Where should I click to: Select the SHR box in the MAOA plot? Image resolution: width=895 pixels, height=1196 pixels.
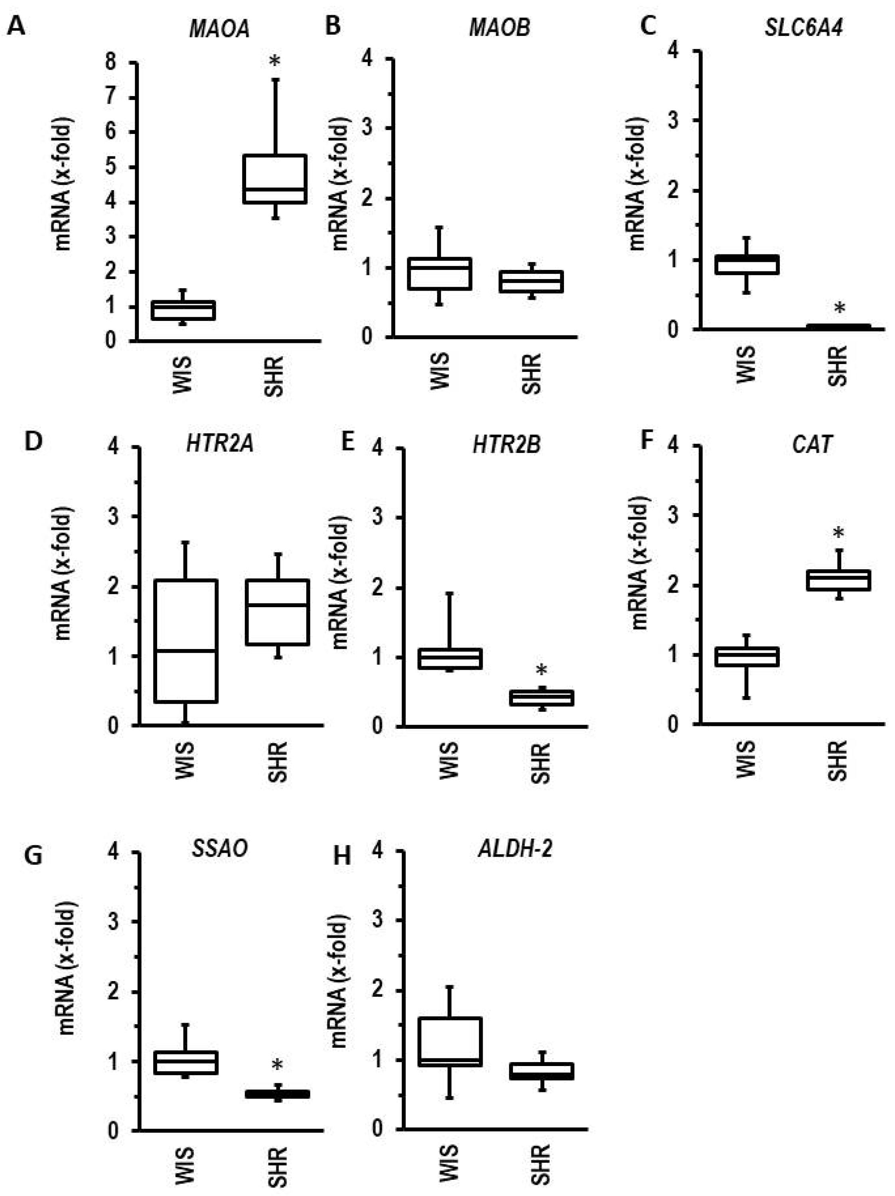(x=275, y=179)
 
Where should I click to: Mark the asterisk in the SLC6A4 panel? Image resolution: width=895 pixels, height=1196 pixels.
(x=839, y=309)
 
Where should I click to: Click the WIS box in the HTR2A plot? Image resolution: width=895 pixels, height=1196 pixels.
(x=185, y=641)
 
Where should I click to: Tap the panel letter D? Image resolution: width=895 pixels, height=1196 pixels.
(x=34, y=441)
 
